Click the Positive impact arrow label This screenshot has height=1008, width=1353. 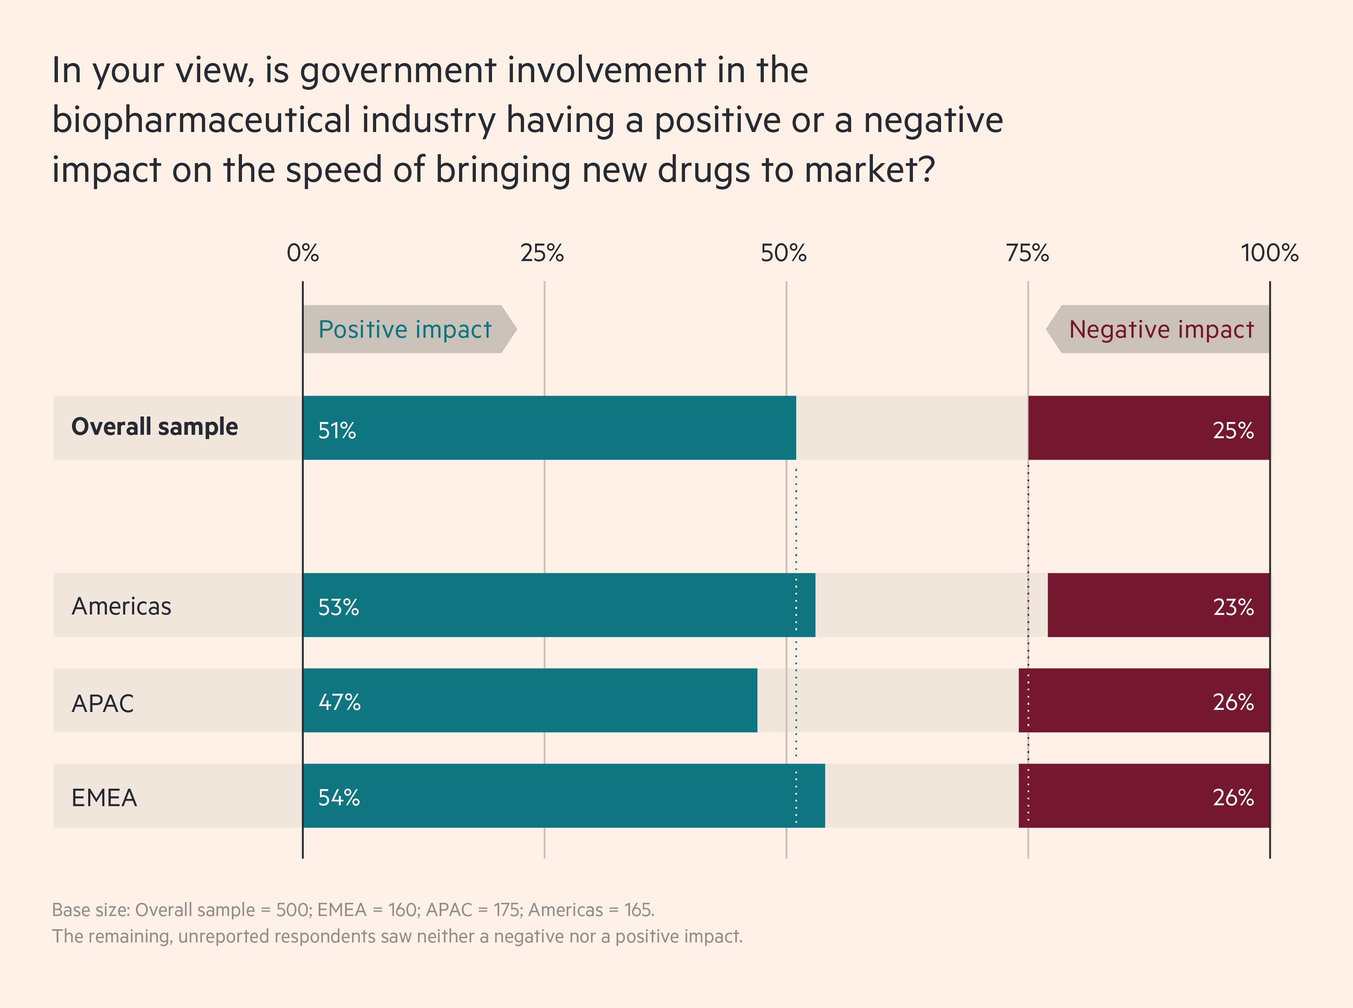[405, 330]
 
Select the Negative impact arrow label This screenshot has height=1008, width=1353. [1161, 330]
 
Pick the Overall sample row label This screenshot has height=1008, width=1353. [154, 427]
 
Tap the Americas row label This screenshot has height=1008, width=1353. [121, 606]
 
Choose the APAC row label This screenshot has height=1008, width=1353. [103, 704]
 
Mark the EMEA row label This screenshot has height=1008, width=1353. [104, 798]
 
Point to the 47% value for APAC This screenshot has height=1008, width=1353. [340, 702]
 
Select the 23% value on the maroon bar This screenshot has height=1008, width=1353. [1233, 607]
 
